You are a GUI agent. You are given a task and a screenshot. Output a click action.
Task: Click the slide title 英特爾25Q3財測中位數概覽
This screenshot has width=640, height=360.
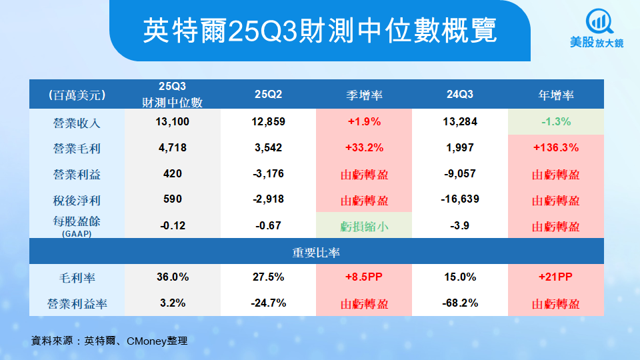(320, 30)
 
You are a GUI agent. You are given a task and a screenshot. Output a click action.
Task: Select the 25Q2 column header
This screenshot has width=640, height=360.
(269, 95)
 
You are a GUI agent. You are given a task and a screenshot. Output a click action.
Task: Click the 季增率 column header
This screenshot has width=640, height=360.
(365, 95)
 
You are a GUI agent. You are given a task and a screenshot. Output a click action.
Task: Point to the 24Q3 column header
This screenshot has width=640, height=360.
(460, 95)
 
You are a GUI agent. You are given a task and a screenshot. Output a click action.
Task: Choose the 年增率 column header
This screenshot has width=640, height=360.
(556, 95)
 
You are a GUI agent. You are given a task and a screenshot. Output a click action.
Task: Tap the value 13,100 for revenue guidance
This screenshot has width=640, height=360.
(173, 122)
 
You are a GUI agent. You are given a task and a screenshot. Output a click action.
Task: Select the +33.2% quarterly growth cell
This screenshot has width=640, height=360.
(365, 148)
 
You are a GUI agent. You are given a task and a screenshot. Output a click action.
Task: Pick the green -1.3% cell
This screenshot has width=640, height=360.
(556, 122)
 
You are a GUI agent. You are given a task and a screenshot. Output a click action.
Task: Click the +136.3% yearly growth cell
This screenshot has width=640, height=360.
(556, 148)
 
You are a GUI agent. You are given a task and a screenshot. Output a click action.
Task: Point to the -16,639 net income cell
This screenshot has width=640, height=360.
(460, 199)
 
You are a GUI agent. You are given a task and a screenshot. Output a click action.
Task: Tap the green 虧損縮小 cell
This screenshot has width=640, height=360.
(365, 226)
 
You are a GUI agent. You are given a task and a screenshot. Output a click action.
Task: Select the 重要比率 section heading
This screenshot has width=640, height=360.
(317, 252)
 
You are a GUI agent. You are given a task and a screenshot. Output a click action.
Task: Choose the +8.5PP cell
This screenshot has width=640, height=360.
(365, 277)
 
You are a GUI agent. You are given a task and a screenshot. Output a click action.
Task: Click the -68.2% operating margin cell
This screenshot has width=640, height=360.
(460, 303)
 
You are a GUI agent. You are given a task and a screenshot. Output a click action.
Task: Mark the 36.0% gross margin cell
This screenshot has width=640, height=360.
(173, 277)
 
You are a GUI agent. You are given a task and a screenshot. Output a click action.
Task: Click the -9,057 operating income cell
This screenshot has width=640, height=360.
(460, 174)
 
